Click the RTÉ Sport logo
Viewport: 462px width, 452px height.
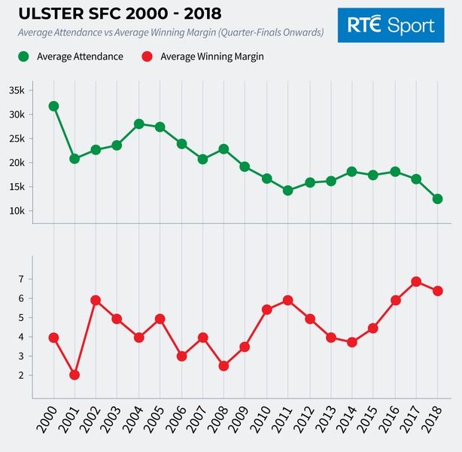click(391, 25)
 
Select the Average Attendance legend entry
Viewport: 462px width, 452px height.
click(72, 56)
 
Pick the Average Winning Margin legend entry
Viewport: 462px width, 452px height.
click(202, 56)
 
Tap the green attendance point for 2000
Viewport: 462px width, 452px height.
click(53, 106)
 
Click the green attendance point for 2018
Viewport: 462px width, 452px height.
click(437, 199)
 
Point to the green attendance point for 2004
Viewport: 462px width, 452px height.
click(138, 124)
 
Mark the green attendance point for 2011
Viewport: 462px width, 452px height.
click(288, 191)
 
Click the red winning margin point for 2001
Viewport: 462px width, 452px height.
click(74, 374)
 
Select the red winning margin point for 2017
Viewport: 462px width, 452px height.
click(416, 282)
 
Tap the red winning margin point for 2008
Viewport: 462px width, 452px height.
click(224, 366)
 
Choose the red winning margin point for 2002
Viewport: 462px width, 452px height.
click(96, 300)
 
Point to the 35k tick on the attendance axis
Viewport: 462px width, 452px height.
click(17, 90)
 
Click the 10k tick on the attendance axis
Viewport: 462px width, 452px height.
click(17, 211)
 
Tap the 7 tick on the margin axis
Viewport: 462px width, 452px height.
click(22, 279)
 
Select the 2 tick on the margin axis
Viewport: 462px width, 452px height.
click(22, 375)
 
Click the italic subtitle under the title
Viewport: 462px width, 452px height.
click(171, 32)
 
